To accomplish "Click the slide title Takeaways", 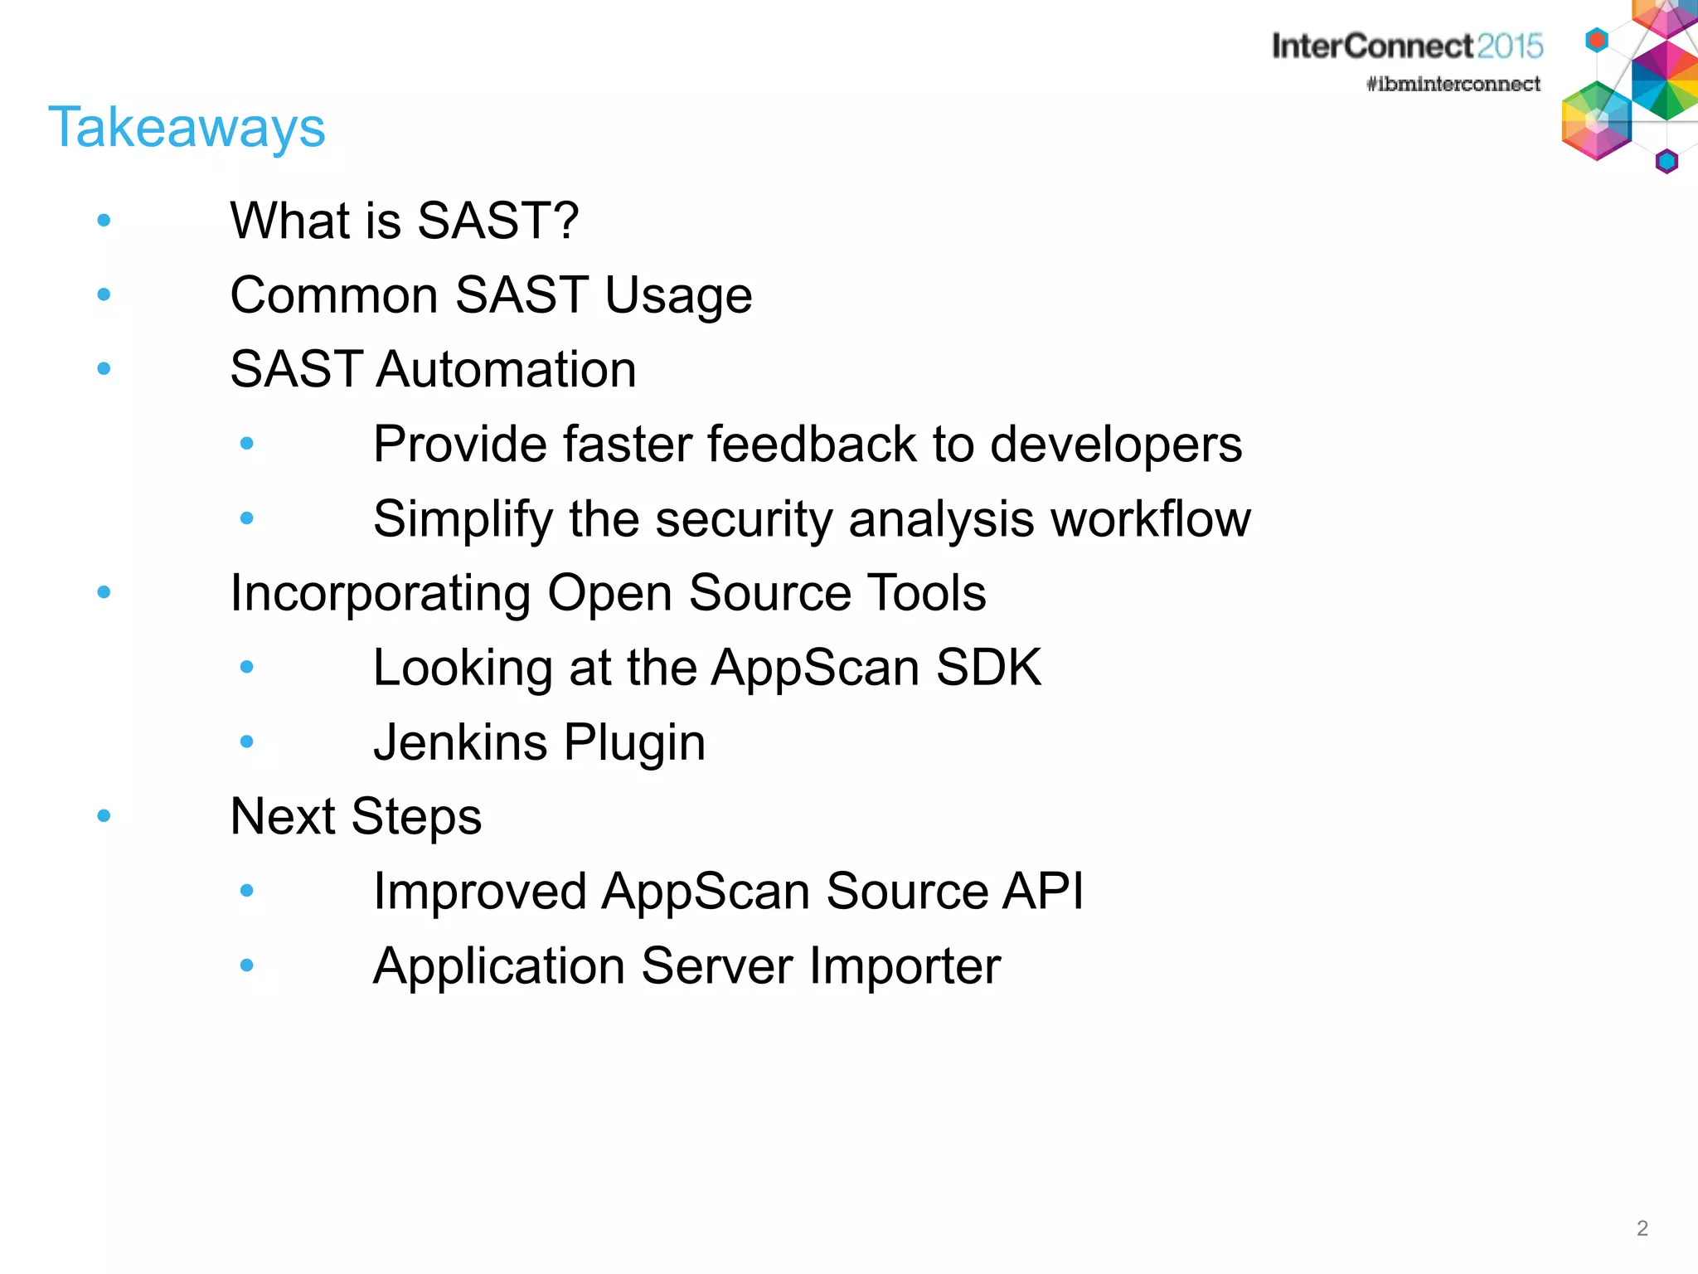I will [187, 129].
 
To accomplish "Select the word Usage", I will [677, 297].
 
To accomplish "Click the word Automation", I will [506, 369].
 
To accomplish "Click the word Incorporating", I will [380, 594].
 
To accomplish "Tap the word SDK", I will [987, 668].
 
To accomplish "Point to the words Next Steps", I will [356, 817].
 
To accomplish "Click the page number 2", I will [1642, 1228].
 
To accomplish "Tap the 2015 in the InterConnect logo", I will [1509, 46].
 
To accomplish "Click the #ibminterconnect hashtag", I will [1453, 84].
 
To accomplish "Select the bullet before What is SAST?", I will [104, 221].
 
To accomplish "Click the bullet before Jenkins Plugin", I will [246, 742].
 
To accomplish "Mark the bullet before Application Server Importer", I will [246, 965].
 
